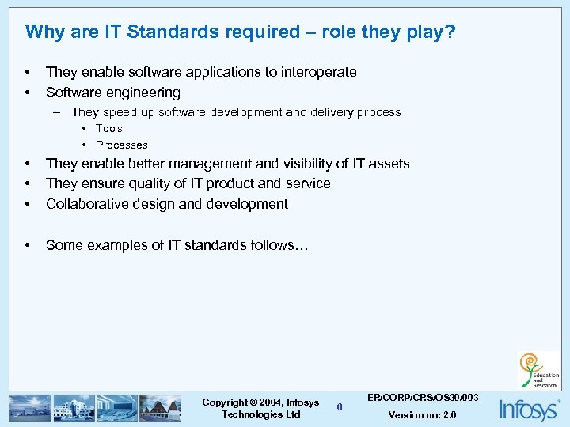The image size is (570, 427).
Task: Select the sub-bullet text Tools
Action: pyautogui.click(x=109, y=128)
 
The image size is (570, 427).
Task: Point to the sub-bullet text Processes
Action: pyautogui.click(x=121, y=145)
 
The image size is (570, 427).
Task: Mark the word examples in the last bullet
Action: pyautogui.click(x=113, y=245)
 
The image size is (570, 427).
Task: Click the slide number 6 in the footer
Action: pyautogui.click(x=340, y=407)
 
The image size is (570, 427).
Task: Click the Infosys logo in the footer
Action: pyautogui.click(x=527, y=409)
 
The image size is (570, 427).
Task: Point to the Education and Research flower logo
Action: pyautogui.click(x=538, y=370)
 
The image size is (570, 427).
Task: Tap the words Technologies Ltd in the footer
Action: pyautogui.click(x=261, y=414)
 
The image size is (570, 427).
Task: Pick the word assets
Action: pyautogui.click(x=389, y=164)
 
